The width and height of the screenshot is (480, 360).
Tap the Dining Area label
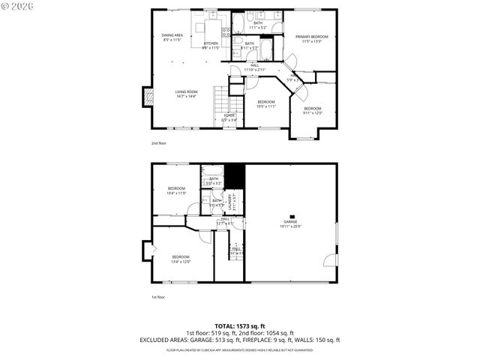[172, 35]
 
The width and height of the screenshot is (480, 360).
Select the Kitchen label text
[211, 43]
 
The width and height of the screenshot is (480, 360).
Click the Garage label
[289, 221]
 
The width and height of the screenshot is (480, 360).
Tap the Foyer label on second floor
[229, 115]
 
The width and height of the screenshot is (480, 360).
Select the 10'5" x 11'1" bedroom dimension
[266, 106]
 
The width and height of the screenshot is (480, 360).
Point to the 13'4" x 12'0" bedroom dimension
[181, 261]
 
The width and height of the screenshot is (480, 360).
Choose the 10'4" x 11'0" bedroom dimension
[176, 193]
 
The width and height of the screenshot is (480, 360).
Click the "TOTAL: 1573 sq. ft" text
[240, 326]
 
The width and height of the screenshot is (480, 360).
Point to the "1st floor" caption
[158, 296]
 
